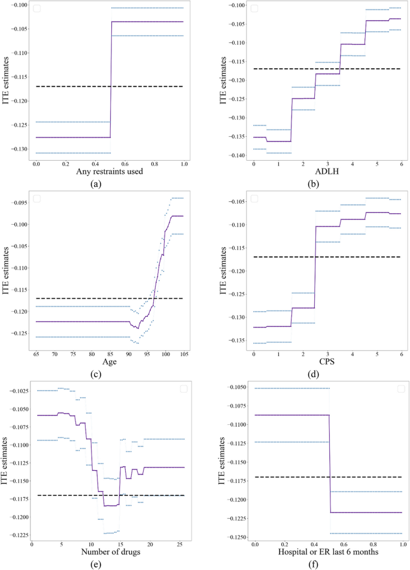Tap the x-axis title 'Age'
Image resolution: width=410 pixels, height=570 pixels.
click(110, 363)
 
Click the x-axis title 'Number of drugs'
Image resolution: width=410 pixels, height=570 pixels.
click(110, 552)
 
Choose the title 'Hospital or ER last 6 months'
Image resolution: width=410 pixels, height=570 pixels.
click(329, 552)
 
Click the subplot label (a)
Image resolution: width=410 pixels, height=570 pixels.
click(95, 185)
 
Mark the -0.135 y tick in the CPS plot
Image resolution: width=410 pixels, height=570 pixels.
click(238, 341)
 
